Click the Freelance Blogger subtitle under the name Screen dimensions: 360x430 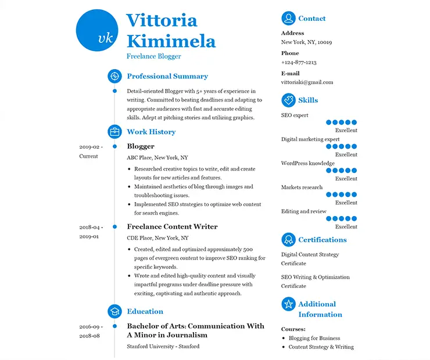(154, 56)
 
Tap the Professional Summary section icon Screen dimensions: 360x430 (114, 76)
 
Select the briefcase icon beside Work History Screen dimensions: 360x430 (114, 132)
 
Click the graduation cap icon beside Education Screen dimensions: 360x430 (114, 311)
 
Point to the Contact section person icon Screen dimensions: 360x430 (288, 19)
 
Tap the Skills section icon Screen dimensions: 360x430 (288, 100)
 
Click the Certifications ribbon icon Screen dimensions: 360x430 (288, 240)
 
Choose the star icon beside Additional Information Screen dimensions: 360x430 (288, 304)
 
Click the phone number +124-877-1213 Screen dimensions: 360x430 (299, 62)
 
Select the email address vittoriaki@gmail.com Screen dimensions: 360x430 (307, 82)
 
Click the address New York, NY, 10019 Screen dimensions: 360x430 (306, 42)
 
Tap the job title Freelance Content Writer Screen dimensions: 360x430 (172, 226)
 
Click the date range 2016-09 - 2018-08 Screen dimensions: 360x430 (90, 331)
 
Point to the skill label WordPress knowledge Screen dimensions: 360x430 (308, 163)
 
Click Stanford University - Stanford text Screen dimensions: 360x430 (163, 347)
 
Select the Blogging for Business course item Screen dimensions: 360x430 (314, 338)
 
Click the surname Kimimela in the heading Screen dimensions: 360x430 (171, 41)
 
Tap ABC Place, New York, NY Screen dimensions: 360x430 (157, 157)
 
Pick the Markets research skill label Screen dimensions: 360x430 (302, 188)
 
